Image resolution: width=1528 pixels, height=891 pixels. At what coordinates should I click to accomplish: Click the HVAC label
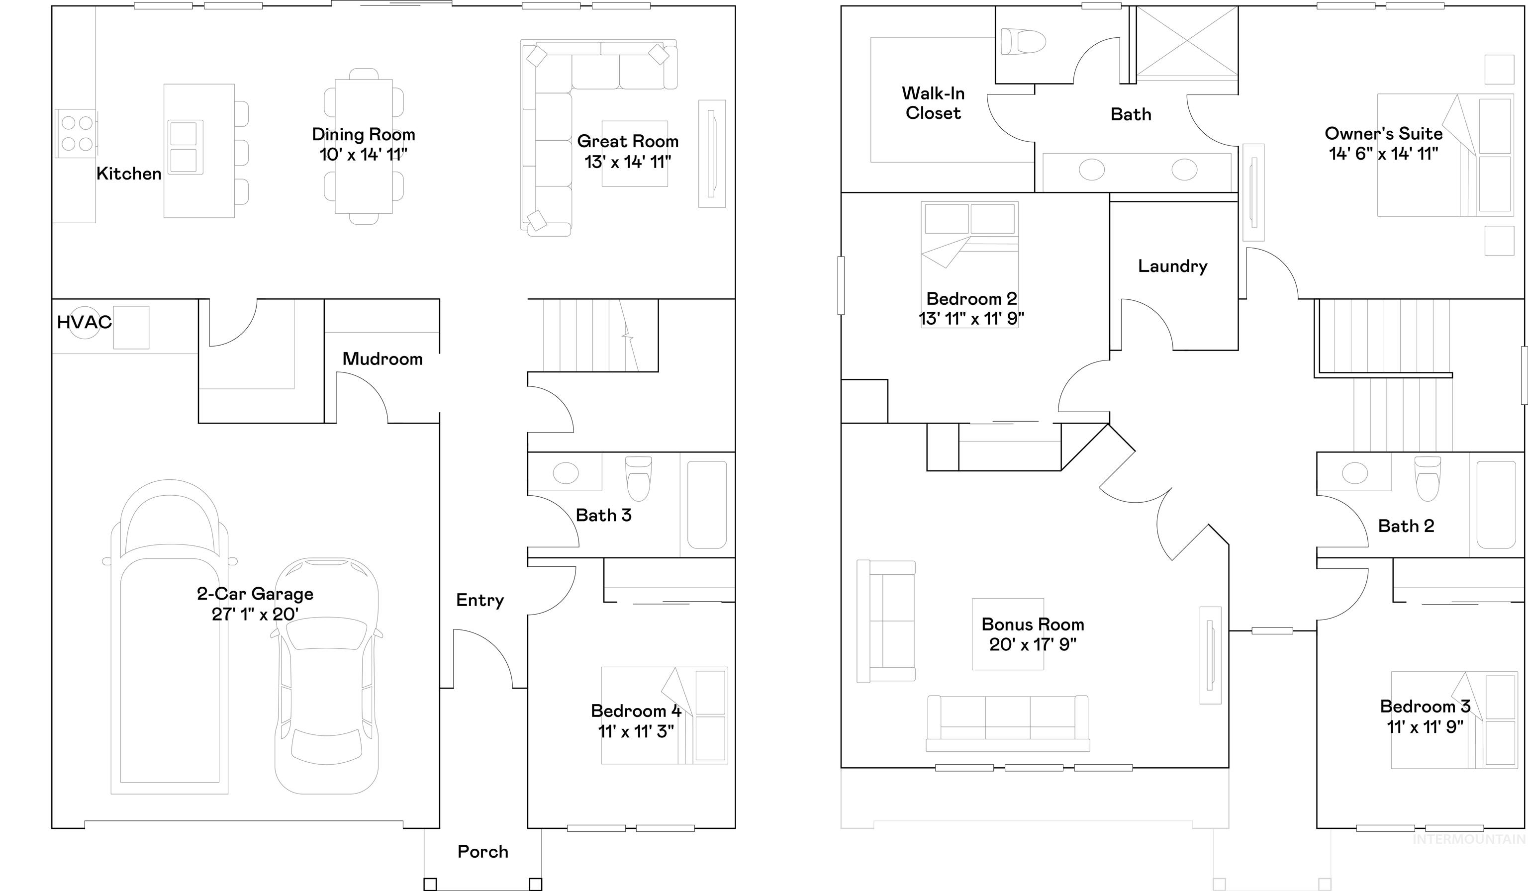coord(84,322)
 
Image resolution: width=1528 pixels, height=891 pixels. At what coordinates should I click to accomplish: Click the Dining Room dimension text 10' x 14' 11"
coord(364,155)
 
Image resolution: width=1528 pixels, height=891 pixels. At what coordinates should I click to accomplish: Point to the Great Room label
coord(628,141)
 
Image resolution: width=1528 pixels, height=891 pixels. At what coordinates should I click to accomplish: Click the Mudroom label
coord(382,359)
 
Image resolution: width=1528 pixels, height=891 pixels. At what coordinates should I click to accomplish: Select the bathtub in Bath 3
coord(707,505)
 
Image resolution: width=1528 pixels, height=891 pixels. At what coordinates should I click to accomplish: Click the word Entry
coord(480,601)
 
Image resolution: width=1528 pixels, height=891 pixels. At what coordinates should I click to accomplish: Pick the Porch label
coord(482,852)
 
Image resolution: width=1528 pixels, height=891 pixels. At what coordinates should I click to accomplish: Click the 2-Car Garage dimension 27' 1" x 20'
coord(255,615)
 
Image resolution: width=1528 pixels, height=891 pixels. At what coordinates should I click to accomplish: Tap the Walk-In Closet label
coord(933,103)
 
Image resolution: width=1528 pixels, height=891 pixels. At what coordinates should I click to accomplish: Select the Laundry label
coord(1173,266)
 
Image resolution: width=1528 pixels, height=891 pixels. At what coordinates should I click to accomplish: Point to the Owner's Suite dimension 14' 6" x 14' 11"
coord(1384,154)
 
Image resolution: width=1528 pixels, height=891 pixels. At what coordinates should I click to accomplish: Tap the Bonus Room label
coord(1033,624)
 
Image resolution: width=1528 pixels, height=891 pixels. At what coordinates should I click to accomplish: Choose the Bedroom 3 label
coord(1426,706)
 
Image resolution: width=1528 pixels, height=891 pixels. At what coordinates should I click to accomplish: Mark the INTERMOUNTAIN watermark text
coord(1469,839)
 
